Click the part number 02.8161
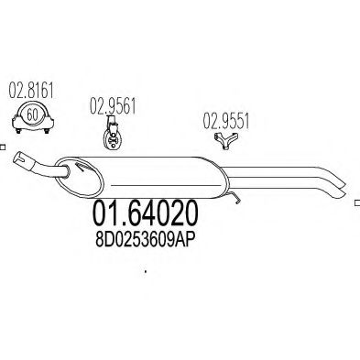point(31,91)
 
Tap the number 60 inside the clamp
point(32,115)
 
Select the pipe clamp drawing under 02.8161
point(33,119)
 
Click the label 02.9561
point(113,106)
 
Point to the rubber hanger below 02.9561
point(113,134)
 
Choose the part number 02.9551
point(226,121)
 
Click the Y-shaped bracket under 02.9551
point(226,141)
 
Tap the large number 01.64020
point(145,213)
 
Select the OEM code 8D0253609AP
point(145,240)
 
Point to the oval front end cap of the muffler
point(80,177)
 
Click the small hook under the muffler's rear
point(235,197)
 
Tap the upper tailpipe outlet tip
point(341,182)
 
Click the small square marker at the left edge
point(3,147)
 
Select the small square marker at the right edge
point(357,203)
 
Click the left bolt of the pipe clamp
point(18,131)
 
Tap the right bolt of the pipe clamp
point(47,131)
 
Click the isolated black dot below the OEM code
point(146,271)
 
